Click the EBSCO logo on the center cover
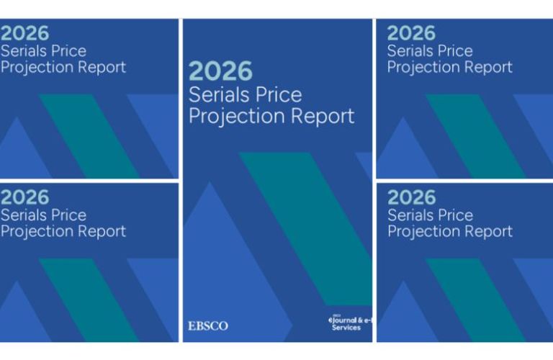(x=208, y=326)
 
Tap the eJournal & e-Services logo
(x=349, y=323)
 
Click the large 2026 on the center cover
(x=220, y=71)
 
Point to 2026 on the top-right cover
(x=411, y=34)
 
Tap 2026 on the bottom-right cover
(x=411, y=197)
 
